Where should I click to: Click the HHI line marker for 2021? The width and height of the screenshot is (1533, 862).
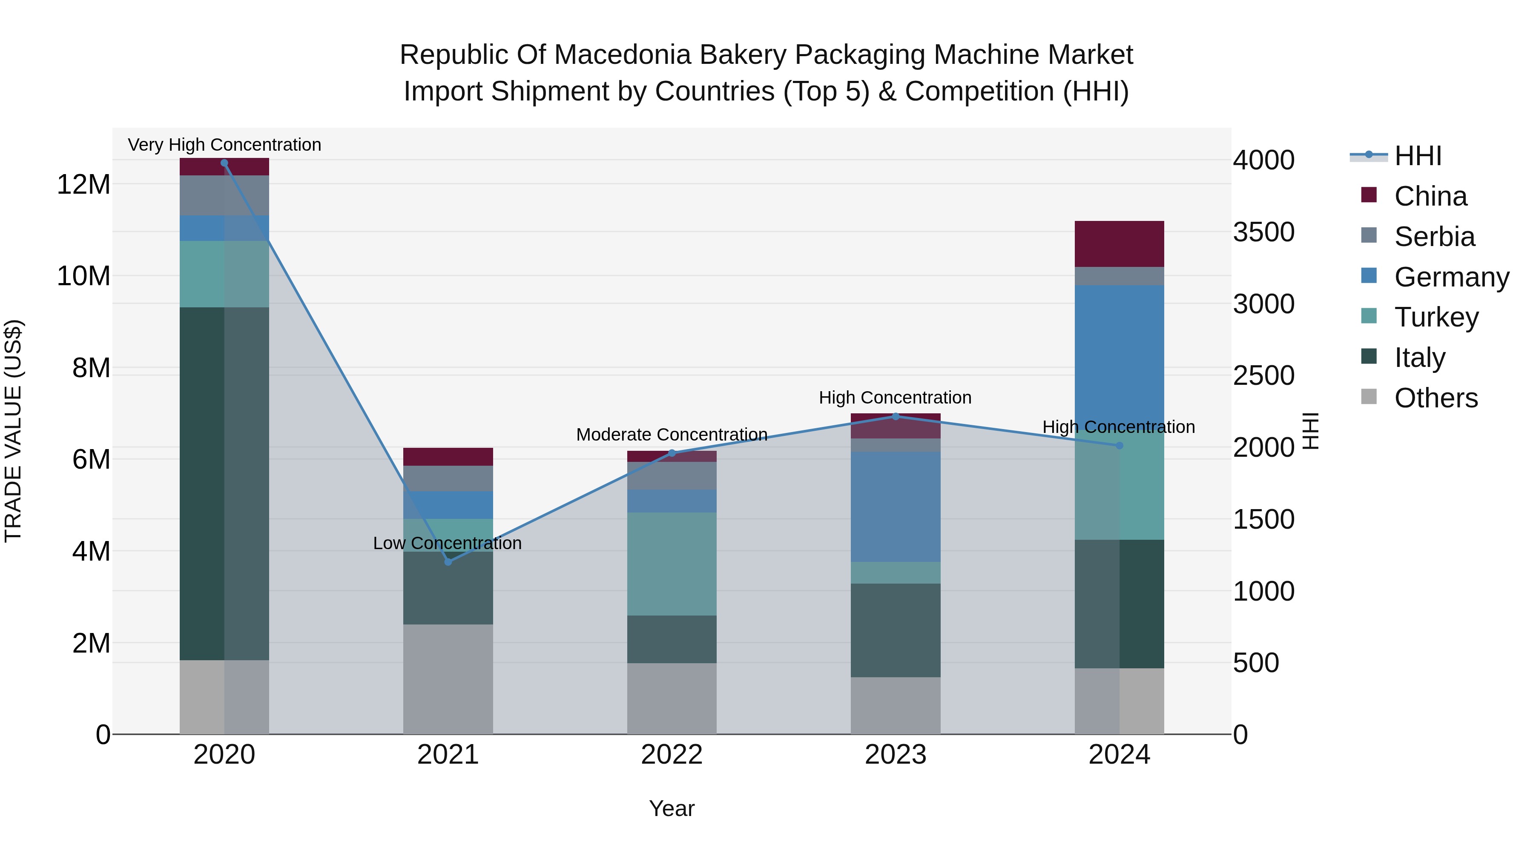[x=448, y=561]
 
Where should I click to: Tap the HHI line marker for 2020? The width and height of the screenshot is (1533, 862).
[x=224, y=163]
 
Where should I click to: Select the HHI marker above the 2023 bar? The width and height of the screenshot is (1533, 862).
[x=896, y=416]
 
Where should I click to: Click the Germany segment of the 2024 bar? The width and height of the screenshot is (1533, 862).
[x=1119, y=357]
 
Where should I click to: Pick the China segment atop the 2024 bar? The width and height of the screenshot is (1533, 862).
[x=1119, y=244]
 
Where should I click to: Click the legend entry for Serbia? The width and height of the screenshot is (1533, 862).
[x=1434, y=237]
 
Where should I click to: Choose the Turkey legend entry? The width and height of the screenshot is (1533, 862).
[x=1436, y=317]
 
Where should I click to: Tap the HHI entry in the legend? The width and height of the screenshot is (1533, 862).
[x=1418, y=156]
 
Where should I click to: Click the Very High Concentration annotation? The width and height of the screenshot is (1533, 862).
[x=224, y=145]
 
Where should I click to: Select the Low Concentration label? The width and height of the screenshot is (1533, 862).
[x=447, y=543]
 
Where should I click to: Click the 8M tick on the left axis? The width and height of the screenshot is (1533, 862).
[x=91, y=368]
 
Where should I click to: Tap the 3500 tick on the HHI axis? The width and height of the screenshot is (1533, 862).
[x=1263, y=232]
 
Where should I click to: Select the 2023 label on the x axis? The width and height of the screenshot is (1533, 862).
[x=896, y=755]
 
